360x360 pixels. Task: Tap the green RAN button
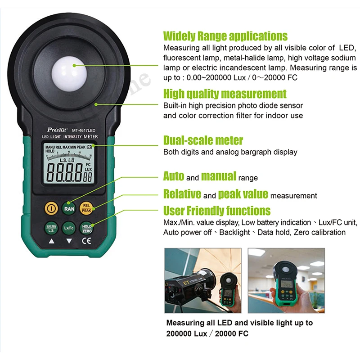tap(69, 208)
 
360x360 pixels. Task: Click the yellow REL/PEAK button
tap(86, 207)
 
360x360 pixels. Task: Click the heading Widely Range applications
tap(225, 36)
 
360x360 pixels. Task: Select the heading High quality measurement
tap(225, 94)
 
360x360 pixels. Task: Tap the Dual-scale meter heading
tap(203, 140)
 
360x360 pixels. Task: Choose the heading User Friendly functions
tap(216, 211)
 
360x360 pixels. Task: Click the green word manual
tap(218, 176)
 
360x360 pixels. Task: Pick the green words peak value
tap(243, 194)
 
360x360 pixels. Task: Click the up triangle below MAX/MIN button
tap(51, 241)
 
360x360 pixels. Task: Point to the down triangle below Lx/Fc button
tap(69, 241)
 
